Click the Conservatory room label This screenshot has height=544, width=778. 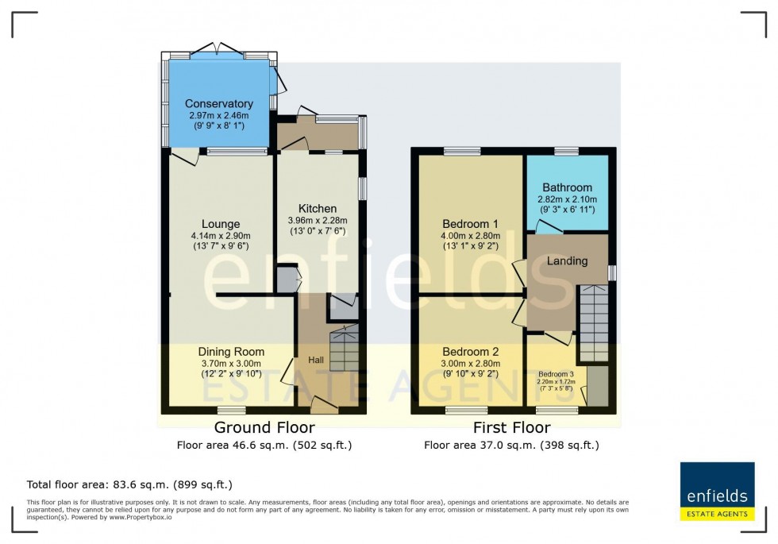pos(218,104)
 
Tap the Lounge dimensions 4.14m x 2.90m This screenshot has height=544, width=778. pos(220,236)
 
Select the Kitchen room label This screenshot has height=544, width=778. pos(318,209)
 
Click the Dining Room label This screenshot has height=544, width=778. pos(231,352)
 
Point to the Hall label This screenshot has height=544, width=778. pos(316,361)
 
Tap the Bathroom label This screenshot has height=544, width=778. pos(568,187)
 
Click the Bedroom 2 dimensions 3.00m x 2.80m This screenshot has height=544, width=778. pos(471,365)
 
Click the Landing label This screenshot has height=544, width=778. pos(568,260)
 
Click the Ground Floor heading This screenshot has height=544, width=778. pos(264,428)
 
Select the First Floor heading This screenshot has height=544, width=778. pos(511,428)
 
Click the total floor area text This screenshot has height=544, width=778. pos(129,484)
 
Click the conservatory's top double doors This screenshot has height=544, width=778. pos(218,50)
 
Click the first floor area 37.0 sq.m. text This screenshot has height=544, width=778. pos(511,446)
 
